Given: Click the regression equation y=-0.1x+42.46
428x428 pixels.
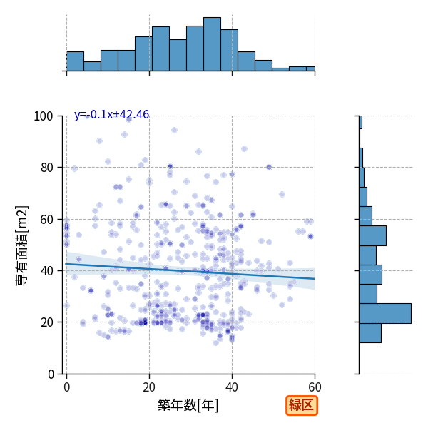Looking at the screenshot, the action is [112, 115].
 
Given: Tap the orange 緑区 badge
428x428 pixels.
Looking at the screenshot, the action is [302, 405].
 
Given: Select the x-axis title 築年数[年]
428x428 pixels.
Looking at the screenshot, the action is [188, 405].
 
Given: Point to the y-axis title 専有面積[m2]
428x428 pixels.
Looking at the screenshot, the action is [22, 245].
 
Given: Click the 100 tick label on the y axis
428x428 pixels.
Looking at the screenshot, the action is [43, 116].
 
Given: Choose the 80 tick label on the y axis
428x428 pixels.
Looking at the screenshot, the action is [46, 168].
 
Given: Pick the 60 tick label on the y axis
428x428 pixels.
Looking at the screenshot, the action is [46, 220].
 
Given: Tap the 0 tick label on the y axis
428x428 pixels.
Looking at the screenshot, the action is [51, 374].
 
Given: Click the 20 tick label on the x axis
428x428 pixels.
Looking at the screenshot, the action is [149, 387].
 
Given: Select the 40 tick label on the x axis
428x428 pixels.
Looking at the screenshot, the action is [232, 387].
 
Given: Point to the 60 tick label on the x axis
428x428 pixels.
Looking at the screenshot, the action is [315, 387].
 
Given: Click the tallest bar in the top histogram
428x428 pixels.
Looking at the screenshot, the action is [212, 44].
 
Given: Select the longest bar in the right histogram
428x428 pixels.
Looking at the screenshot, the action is [385, 313].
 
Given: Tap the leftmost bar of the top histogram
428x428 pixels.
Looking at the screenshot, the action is [75, 61].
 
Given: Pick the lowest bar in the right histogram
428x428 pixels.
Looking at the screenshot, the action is [370, 333].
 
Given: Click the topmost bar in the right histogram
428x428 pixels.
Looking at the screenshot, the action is [360, 122].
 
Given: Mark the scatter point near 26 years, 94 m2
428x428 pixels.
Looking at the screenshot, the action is [174, 131].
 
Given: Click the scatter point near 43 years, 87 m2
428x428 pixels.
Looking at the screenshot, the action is [244, 149].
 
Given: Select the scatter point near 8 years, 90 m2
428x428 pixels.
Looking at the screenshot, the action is [99, 141].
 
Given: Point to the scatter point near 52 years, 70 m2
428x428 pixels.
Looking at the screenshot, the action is [282, 194].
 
